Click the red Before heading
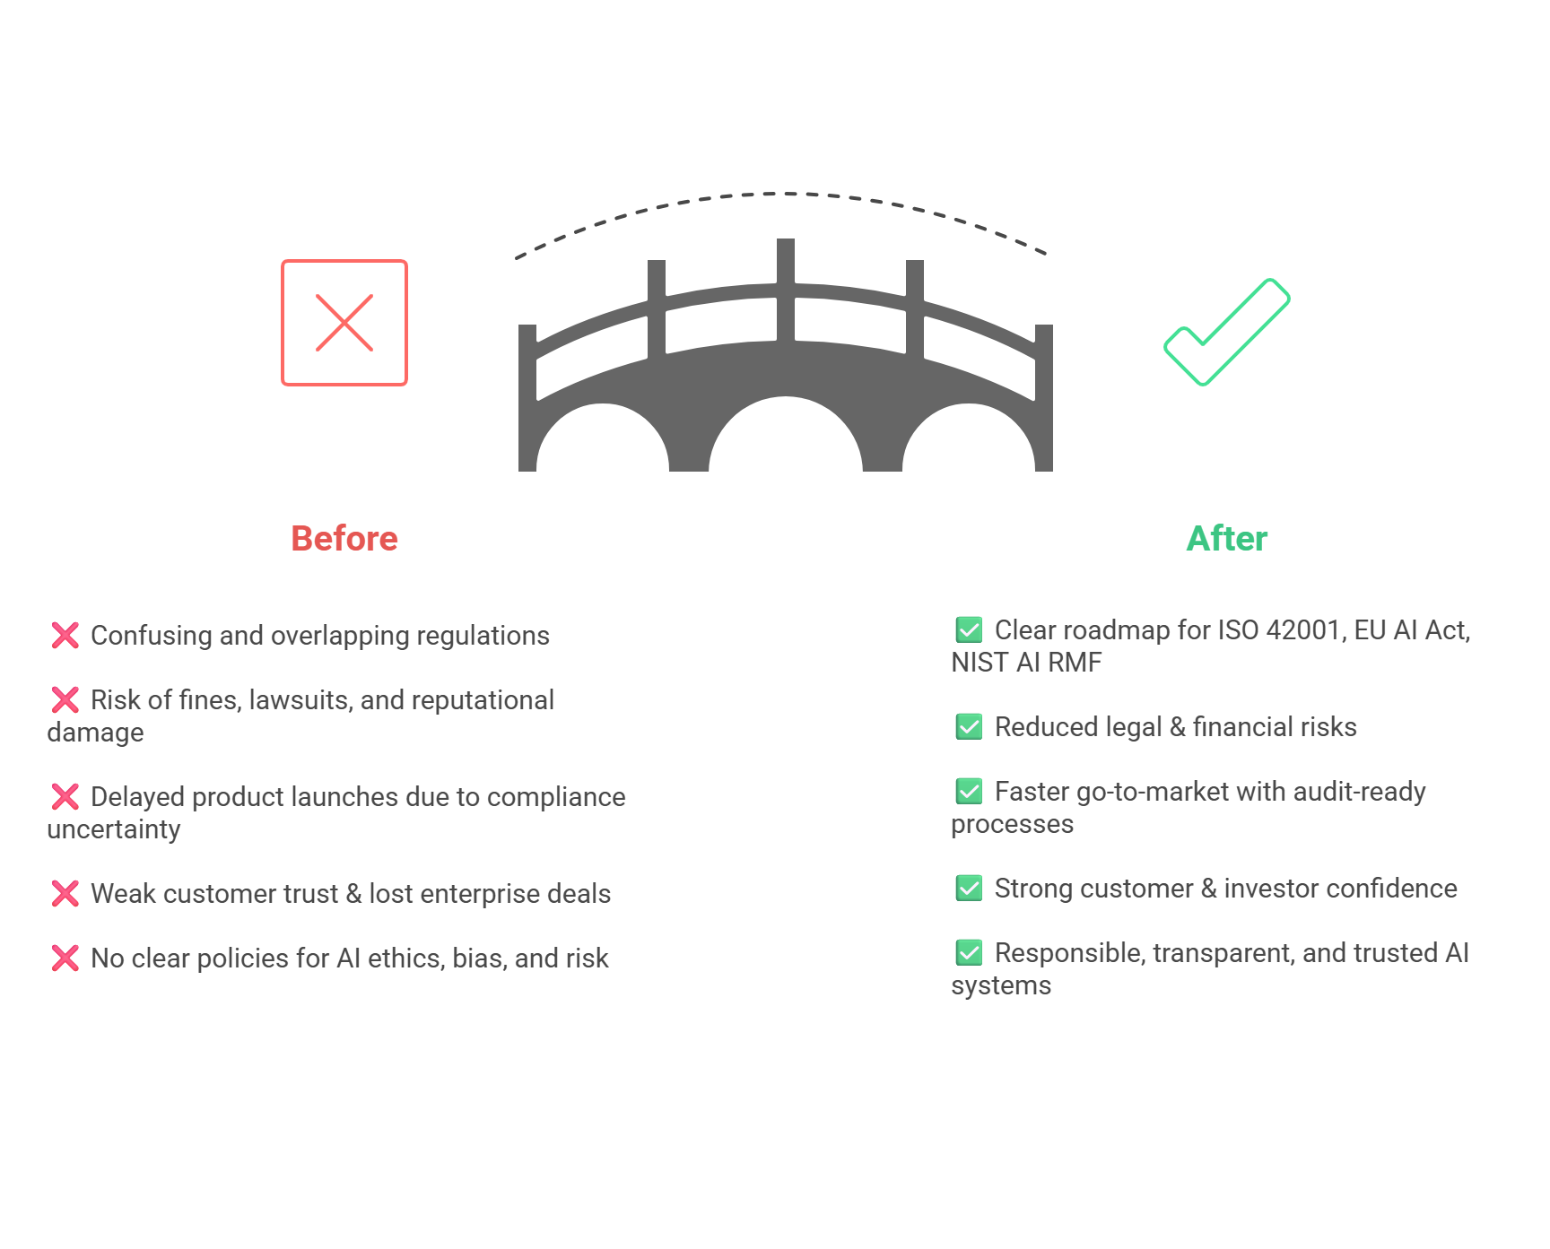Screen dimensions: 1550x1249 pyautogui.click(x=344, y=539)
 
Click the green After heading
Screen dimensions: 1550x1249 pyautogui.click(x=1226, y=539)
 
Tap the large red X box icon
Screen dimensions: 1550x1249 pyautogui.click(x=344, y=323)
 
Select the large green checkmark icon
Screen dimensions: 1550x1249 pyautogui.click(x=1226, y=333)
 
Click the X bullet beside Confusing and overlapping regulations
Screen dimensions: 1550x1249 pyautogui.click(x=65, y=636)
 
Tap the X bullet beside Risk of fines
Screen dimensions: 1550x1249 pyautogui.click(x=65, y=700)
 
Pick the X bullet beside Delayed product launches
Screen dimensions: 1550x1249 pyautogui.click(x=65, y=797)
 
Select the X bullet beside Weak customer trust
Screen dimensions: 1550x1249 pyautogui.click(x=65, y=894)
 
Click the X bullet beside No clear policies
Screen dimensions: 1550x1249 pyautogui.click(x=65, y=958)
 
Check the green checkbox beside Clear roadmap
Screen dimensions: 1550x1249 pyautogui.click(x=969, y=629)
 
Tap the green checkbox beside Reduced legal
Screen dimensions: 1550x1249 pyautogui.click(x=969, y=726)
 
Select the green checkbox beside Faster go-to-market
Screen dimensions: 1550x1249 pyautogui.click(x=969, y=791)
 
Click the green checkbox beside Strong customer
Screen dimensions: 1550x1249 pyautogui.click(x=969, y=888)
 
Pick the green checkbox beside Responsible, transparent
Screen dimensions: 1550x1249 pyautogui.click(x=969, y=952)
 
